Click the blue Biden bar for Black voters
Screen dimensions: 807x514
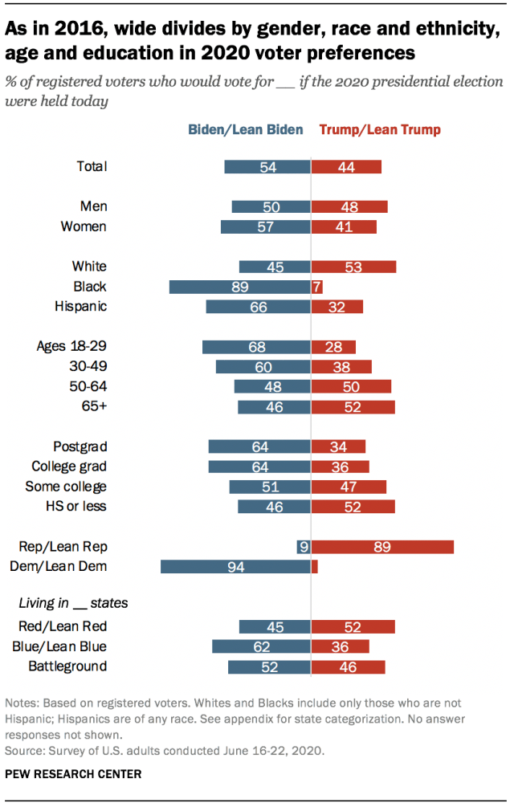point(239,287)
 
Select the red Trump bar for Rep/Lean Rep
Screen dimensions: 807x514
point(382,547)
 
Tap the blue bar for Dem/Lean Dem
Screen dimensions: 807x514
point(235,567)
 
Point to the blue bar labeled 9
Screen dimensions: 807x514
point(304,547)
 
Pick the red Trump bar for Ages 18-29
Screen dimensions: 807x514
point(333,347)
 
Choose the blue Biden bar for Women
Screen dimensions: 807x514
point(266,226)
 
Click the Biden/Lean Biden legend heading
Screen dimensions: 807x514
point(246,129)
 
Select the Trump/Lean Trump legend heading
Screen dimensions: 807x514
point(380,129)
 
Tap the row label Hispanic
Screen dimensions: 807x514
point(80,306)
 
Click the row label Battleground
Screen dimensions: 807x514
point(67,666)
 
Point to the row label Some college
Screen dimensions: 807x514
point(66,487)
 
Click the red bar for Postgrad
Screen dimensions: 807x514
point(338,446)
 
